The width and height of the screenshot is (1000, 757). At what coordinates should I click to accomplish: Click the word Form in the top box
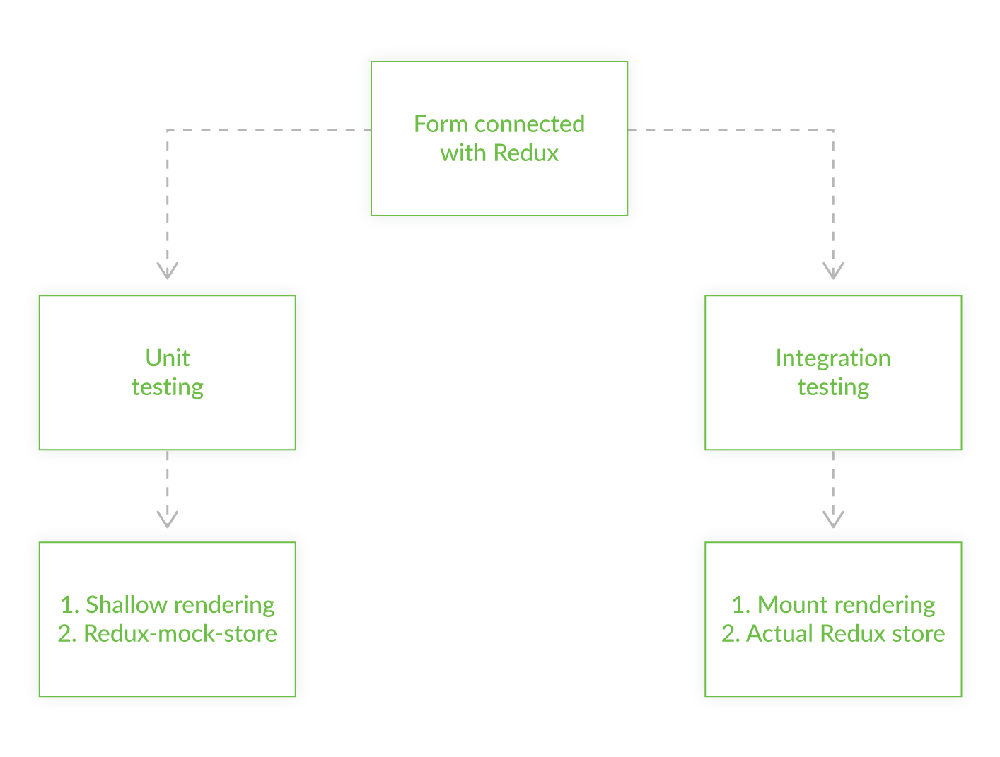[441, 124]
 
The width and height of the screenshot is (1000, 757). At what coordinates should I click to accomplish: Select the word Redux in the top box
[526, 153]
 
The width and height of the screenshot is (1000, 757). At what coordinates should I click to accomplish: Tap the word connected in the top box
[529, 124]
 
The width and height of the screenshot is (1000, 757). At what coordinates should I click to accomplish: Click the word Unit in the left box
[168, 358]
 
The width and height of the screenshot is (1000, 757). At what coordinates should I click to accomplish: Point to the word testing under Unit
[168, 387]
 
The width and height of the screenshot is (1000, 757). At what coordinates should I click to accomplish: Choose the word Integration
[832, 358]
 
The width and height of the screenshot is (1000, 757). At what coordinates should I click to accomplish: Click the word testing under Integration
[833, 387]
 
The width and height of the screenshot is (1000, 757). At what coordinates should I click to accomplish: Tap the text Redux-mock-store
[180, 633]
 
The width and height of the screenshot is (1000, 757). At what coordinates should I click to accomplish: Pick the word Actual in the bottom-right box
[779, 633]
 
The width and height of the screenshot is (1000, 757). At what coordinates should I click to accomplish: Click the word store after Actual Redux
[918, 633]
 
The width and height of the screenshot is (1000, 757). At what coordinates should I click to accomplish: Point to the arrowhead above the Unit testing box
[168, 271]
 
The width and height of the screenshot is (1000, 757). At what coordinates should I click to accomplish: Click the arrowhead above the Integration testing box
[833, 271]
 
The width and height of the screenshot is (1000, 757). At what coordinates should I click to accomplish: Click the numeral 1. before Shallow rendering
[69, 604]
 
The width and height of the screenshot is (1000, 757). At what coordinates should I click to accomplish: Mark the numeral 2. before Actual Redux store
[731, 633]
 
